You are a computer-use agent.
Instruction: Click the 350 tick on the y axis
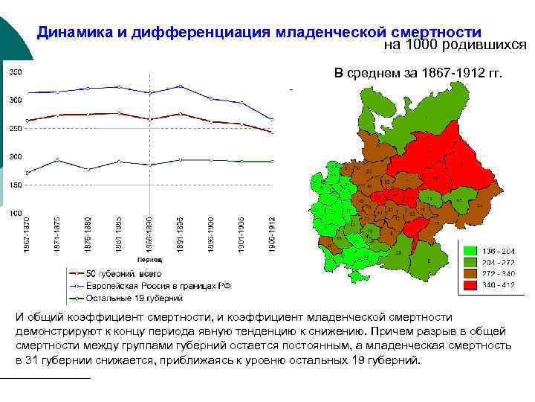pyautogui.click(x=16, y=72)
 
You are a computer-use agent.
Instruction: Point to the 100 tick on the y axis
pyautogui.click(x=16, y=213)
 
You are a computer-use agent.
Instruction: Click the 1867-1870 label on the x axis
pyautogui.click(x=26, y=233)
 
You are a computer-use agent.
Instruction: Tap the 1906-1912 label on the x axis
pyautogui.click(x=272, y=233)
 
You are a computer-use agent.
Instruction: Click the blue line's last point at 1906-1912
pyautogui.click(x=272, y=119)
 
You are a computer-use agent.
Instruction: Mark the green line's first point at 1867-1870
pyautogui.click(x=27, y=173)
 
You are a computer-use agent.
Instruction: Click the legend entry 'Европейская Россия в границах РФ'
pyautogui.click(x=152, y=286)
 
